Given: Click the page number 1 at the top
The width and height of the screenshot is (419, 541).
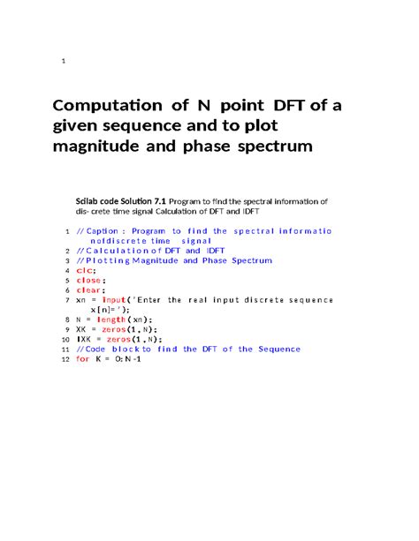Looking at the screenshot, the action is pos(64,61).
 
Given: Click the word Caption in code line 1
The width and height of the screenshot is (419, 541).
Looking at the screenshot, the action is pos(108,231).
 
